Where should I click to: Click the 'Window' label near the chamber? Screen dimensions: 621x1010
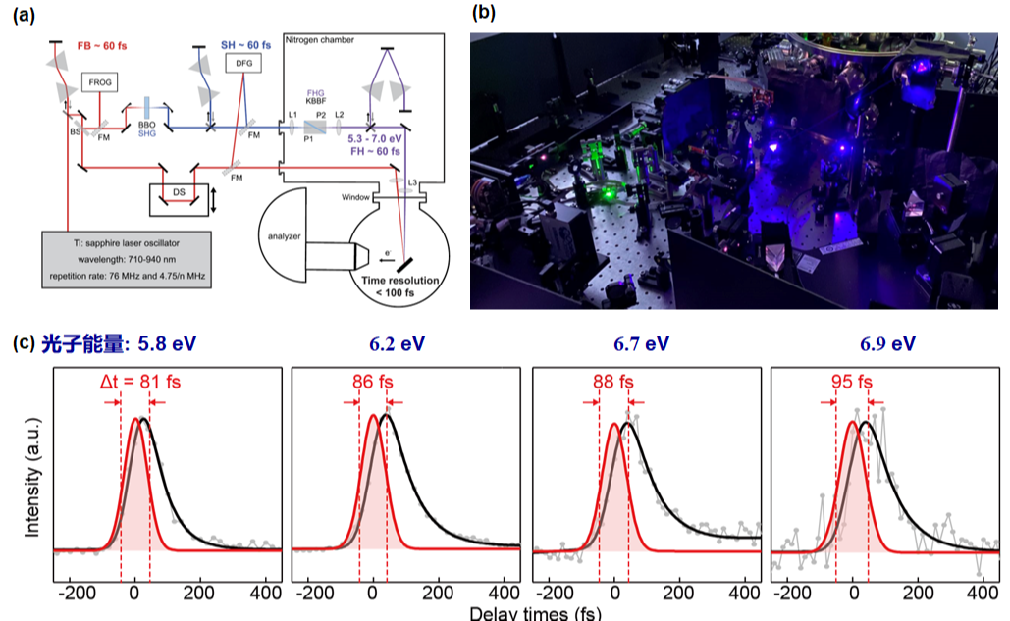pyautogui.click(x=354, y=197)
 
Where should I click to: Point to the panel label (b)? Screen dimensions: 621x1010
pyautogui.click(x=484, y=13)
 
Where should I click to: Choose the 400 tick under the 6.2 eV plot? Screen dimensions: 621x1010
pyautogui.click(x=504, y=594)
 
